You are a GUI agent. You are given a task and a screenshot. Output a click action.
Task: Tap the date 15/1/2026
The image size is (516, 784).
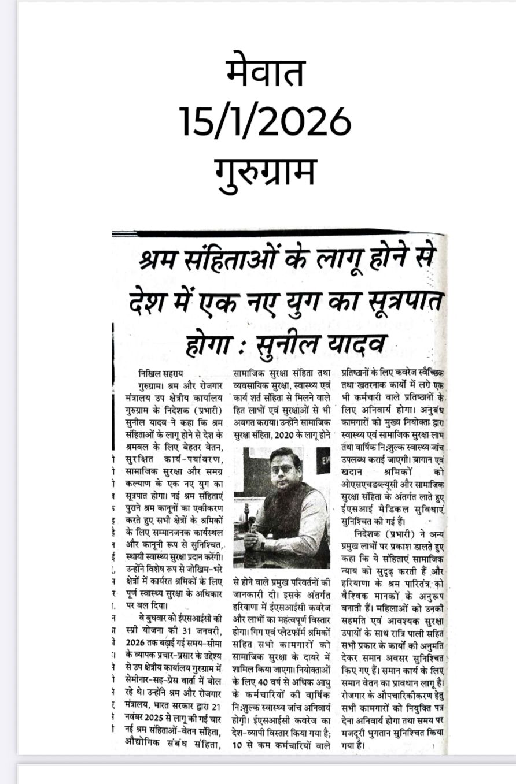coord(266,121)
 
